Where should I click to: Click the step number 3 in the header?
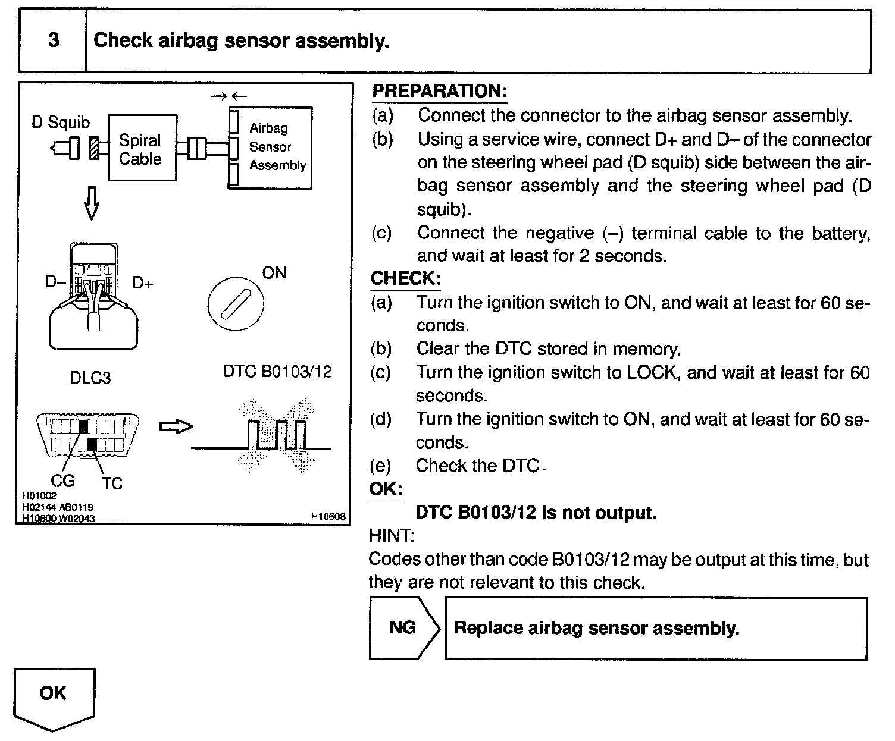[54, 40]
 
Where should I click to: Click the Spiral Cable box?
[142, 149]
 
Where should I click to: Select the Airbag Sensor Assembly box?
[271, 147]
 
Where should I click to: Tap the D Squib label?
[61, 123]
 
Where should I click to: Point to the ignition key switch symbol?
[236, 304]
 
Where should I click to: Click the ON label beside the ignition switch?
[274, 273]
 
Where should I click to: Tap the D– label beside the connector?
[56, 281]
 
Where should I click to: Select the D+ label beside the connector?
[142, 283]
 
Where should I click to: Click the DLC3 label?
[90, 378]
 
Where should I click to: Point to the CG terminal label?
[62, 480]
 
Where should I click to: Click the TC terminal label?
[111, 483]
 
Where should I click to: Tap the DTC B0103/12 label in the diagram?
[277, 372]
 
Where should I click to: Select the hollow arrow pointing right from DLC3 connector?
[177, 426]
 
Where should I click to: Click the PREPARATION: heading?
[439, 91]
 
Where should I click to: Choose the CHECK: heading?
[406, 278]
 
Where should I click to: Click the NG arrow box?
[403, 628]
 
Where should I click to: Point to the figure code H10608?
[328, 517]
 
